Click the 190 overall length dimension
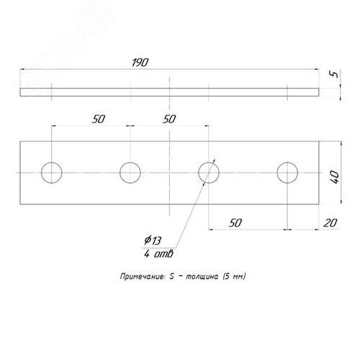pyautogui.click(x=140, y=63)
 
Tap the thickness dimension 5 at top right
pyautogui.click(x=334, y=74)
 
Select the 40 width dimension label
pyautogui.click(x=335, y=177)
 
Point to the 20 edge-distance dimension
pyautogui.click(x=330, y=223)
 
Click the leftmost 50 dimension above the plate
pyautogui.click(x=99, y=120)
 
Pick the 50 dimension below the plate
pyautogui.click(x=235, y=223)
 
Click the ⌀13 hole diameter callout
pyautogui.click(x=153, y=240)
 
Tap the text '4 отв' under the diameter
pyautogui.click(x=158, y=254)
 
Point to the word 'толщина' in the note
pyautogui.click(x=202, y=276)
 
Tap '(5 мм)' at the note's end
pyautogui.click(x=234, y=276)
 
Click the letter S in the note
pyautogui.click(x=171, y=276)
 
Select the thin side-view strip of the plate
pyautogui.click(x=169, y=92)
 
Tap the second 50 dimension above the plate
pyautogui.click(x=169, y=120)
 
